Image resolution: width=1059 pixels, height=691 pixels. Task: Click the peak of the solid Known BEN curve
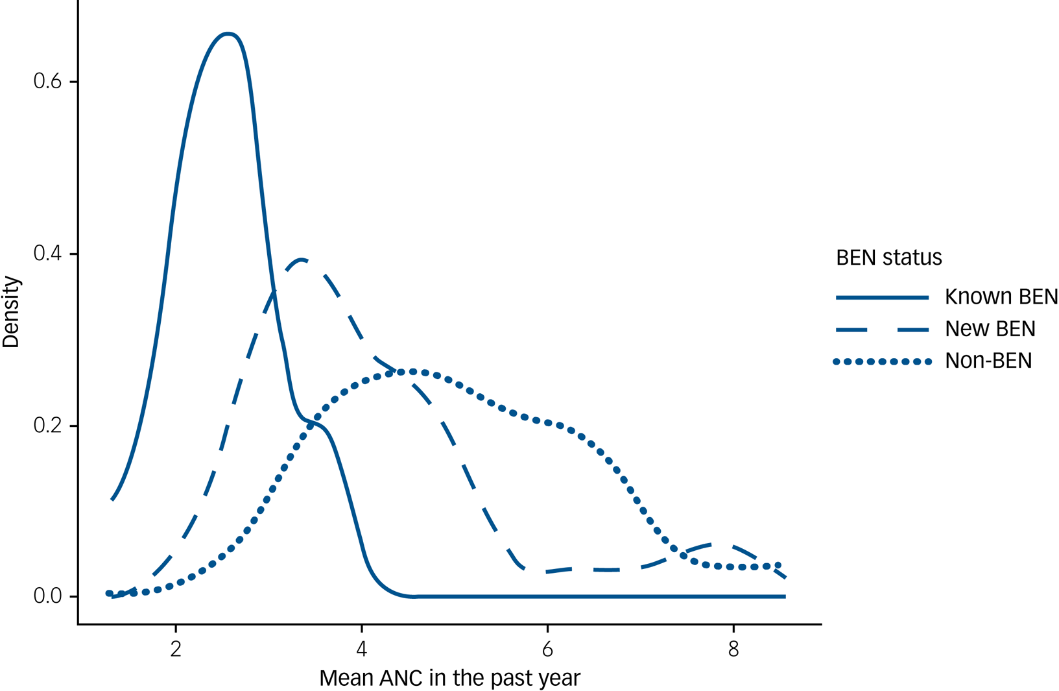point(227,34)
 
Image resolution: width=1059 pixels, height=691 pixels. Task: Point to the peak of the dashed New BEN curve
point(301,260)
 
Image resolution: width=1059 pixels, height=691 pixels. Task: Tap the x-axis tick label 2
point(175,649)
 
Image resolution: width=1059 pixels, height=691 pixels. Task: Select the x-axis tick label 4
point(361,649)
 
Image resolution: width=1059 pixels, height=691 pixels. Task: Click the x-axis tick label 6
point(547,649)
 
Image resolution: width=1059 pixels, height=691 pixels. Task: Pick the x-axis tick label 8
point(733,649)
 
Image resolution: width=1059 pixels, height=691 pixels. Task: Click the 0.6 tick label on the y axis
point(47,82)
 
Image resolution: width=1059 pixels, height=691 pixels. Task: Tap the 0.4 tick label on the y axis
point(47,254)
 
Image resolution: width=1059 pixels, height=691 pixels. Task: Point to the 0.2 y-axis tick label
point(47,426)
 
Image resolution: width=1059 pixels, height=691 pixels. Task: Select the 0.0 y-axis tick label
point(47,596)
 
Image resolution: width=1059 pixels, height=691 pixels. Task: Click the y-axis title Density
point(11,312)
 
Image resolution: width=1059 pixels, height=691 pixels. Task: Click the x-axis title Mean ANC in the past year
point(449,679)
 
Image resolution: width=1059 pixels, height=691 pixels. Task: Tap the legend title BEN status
point(888,258)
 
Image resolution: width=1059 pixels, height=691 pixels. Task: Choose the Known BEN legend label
point(1001,297)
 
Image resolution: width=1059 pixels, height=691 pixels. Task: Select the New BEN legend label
point(990,329)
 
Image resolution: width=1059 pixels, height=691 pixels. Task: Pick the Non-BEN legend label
point(988,361)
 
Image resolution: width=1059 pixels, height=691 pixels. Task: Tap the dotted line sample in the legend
point(882,361)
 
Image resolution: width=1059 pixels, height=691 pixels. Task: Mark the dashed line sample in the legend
point(882,330)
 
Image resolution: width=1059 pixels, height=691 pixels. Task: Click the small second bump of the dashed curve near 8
point(713,544)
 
